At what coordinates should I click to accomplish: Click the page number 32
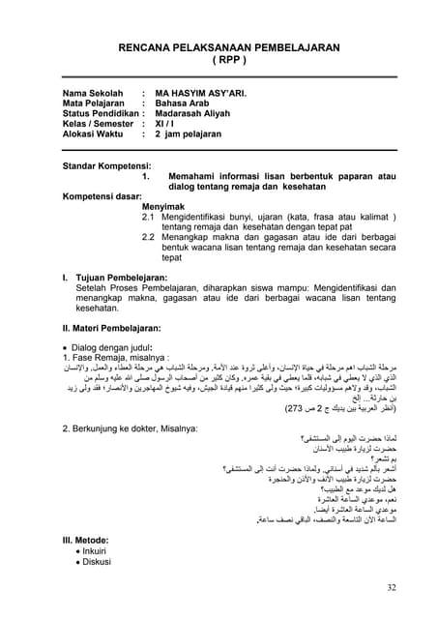390,590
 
